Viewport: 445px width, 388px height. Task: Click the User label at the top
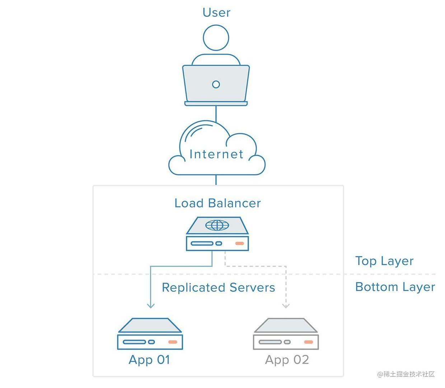[x=216, y=13]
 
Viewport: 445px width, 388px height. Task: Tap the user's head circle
[x=216, y=38]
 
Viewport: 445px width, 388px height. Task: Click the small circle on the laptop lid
[x=216, y=84]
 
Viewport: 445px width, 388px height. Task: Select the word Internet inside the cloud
[x=216, y=154]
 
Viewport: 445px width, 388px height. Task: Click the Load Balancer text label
[x=217, y=203]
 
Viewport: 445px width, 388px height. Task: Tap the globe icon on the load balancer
[x=217, y=225]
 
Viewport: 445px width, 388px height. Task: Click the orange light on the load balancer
[x=239, y=244]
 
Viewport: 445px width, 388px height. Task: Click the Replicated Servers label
[x=218, y=287]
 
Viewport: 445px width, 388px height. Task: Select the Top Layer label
[x=384, y=261]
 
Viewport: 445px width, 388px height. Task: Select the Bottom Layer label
[x=395, y=287]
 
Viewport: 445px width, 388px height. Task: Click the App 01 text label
[x=149, y=360]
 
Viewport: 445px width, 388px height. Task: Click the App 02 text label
[x=287, y=360]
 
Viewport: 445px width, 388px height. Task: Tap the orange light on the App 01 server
[x=173, y=342]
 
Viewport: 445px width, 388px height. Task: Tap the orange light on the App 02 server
[x=308, y=342]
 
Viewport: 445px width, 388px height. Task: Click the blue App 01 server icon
[x=150, y=334]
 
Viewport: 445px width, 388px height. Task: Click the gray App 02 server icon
[x=286, y=334]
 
